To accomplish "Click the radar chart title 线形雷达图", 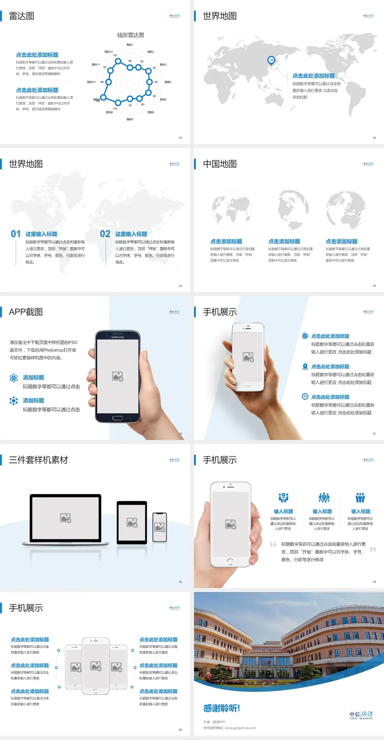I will click(x=130, y=35).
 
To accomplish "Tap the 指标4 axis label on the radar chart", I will click(x=168, y=82).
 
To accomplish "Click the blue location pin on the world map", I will click(x=271, y=60).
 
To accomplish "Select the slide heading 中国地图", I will click(x=220, y=164).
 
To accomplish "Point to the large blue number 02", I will click(x=105, y=234).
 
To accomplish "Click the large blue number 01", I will click(x=16, y=234).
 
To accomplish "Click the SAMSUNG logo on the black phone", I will click(x=118, y=337).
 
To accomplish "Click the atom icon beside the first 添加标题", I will click(x=14, y=378).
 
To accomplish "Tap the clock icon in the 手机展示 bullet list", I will click(x=305, y=396).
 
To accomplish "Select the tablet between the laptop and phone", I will click(x=132, y=522).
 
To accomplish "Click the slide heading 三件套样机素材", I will click(x=38, y=460).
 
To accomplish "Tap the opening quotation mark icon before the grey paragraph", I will click(x=273, y=544).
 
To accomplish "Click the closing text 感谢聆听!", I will click(x=222, y=708).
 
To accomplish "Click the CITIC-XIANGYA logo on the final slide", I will click(x=361, y=715).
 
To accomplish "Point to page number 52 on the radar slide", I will click(x=180, y=138).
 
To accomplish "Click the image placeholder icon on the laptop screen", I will click(x=66, y=518).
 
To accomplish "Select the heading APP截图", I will click(x=26, y=312).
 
